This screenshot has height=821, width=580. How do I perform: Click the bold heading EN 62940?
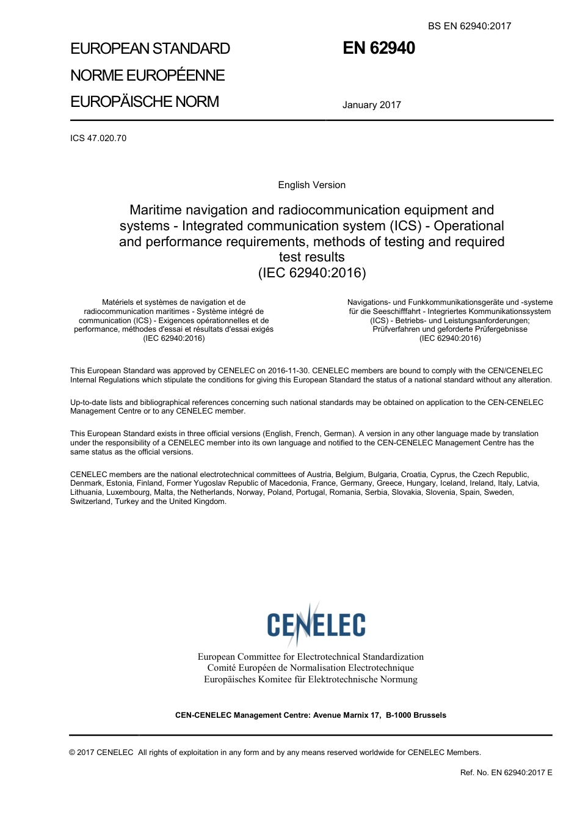pos(379,48)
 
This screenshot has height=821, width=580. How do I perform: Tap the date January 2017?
pos(371,105)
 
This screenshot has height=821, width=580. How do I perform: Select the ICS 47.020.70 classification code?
pos(98,138)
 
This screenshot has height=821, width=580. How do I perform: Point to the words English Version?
pos(311,185)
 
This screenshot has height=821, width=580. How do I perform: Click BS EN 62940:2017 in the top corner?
pos(469,26)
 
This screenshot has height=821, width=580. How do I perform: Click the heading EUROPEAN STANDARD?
pos(150,49)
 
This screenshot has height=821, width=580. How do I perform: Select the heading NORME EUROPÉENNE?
pos(148,75)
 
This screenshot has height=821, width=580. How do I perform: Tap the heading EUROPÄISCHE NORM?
pos(145,101)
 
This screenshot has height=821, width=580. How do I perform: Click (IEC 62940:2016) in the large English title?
pos(312,272)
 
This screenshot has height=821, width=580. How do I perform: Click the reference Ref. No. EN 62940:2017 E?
pos(506,773)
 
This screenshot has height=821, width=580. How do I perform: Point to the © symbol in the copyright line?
pos(73,753)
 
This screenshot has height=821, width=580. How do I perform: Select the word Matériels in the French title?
pos(120,302)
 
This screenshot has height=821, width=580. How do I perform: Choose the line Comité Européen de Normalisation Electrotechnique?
pos(310,668)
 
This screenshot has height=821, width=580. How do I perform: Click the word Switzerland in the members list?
pos(90,502)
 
